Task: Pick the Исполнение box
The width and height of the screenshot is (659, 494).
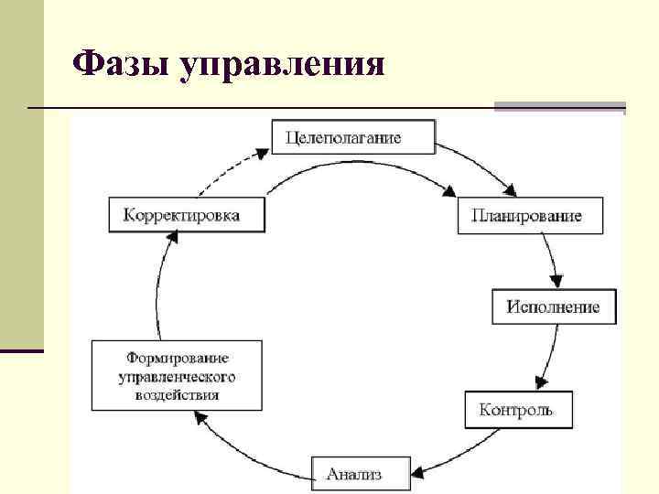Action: (554, 306)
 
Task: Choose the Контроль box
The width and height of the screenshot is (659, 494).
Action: (516, 409)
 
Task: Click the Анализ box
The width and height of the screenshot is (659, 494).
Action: (355, 473)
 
